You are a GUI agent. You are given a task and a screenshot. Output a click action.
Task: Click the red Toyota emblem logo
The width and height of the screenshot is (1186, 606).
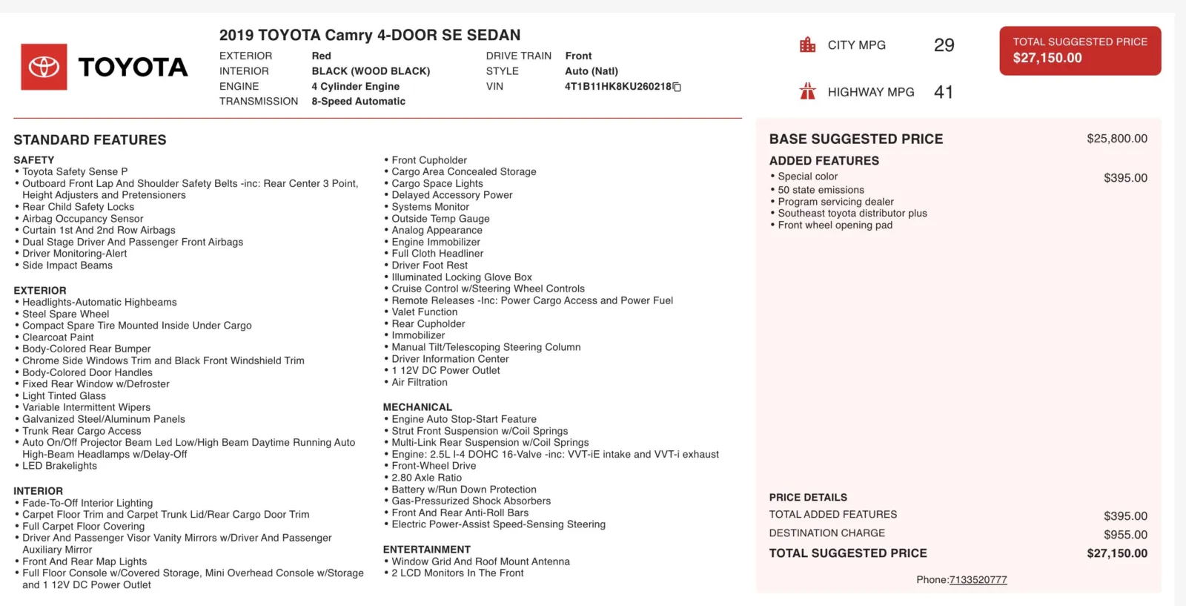click(44, 67)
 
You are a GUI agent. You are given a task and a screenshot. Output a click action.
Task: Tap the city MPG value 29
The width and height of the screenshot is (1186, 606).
click(944, 45)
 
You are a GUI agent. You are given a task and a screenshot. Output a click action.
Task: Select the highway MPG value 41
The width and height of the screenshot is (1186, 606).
click(944, 92)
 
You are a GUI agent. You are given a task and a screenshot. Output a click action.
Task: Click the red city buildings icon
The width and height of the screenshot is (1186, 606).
click(807, 45)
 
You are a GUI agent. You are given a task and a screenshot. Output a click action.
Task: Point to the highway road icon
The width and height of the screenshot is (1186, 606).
click(807, 91)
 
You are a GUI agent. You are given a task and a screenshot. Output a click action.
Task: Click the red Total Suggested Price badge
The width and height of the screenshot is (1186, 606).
click(1080, 50)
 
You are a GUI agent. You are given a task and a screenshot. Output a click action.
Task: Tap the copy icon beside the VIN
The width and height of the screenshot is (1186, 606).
click(677, 87)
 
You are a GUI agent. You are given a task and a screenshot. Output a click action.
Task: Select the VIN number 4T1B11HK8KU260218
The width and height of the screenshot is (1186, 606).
click(617, 87)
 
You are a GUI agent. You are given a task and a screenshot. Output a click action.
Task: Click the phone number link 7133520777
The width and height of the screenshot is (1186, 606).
click(978, 580)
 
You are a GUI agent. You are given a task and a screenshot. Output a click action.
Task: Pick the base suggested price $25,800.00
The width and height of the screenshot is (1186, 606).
click(1116, 139)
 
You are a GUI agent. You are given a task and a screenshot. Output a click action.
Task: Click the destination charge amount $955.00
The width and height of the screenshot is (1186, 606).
click(1125, 535)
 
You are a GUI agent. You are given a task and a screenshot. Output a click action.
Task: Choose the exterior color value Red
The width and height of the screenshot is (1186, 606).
click(321, 56)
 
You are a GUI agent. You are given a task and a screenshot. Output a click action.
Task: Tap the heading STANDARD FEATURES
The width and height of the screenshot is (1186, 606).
click(90, 139)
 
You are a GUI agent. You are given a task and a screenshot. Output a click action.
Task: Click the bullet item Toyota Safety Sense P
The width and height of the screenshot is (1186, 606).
click(75, 171)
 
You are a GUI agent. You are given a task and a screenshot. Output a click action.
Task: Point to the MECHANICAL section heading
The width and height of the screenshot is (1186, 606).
click(417, 407)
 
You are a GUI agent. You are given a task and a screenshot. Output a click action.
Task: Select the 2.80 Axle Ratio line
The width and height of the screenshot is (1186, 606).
click(426, 478)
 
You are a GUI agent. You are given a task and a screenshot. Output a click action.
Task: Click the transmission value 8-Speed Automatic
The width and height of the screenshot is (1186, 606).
click(358, 102)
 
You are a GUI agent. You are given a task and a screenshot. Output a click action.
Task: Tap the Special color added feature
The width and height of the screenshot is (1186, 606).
click(807, 177)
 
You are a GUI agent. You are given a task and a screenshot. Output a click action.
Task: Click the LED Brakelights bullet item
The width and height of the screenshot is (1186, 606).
click(59, 466)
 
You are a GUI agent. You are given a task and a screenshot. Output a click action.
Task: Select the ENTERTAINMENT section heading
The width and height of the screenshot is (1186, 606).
click(426, 550)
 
